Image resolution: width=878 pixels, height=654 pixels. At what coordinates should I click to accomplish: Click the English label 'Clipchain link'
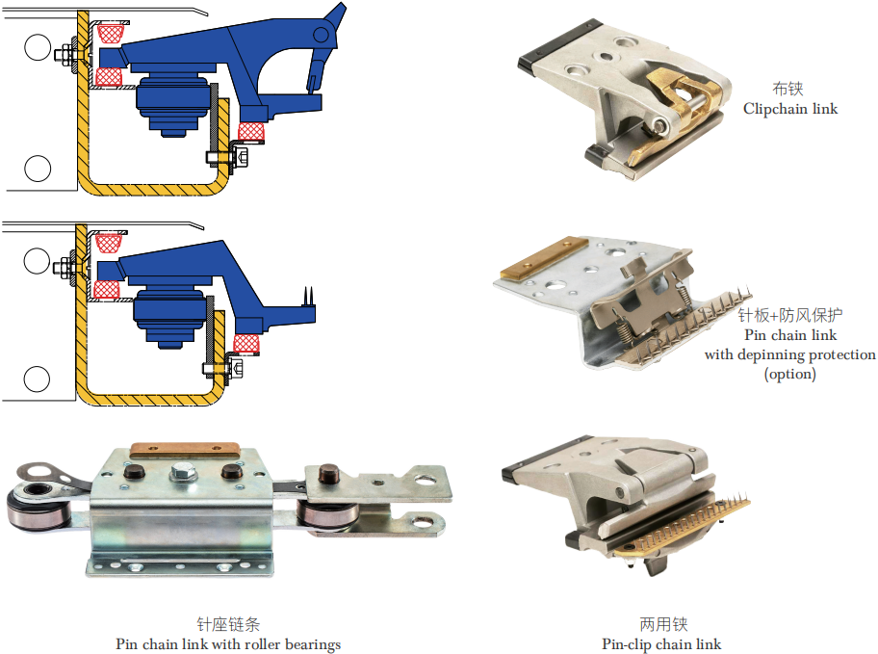(x=790, y=109)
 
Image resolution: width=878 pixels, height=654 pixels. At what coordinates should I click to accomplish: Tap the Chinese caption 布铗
(x=788, y=89)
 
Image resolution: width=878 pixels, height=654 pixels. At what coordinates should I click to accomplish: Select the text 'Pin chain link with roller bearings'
(x=228, y=644)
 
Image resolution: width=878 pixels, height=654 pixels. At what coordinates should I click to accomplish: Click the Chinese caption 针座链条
(x=228, y=624)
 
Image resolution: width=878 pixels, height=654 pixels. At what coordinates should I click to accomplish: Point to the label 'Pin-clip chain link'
(x=661, y=644)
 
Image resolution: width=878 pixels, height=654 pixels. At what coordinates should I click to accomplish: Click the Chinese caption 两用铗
(x=663, y=624)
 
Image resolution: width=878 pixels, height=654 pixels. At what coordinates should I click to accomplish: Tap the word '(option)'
(x=790, y=374)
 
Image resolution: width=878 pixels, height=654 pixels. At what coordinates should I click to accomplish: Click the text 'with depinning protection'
(x=790, y=354)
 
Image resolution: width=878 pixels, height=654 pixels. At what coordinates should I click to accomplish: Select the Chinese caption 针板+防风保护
(x=790, y=315)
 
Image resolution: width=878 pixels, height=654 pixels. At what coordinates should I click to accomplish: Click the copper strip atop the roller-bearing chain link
(x=185, y=450)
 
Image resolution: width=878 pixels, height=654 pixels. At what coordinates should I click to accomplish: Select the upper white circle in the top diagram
(x=38, y=46)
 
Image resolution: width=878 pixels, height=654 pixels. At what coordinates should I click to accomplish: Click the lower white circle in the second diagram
(x=37, y=379)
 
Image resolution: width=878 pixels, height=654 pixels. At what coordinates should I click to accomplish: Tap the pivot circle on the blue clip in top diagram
(x=321, y=35)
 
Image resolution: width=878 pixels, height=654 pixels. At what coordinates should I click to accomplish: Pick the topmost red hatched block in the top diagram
(x=111, y=33)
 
